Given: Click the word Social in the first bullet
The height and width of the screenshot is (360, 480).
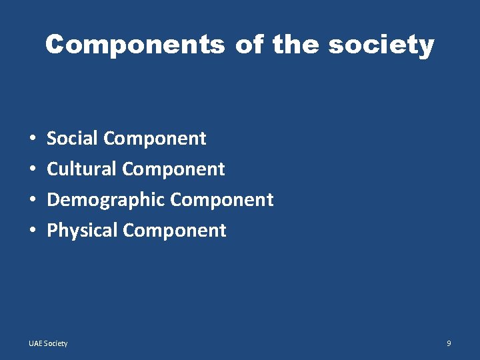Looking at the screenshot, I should [73, 139].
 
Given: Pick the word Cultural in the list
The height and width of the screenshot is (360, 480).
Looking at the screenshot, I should [82, 169].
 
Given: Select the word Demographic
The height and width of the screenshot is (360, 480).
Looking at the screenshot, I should [106, 200].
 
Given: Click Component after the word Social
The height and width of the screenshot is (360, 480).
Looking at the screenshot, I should [155, 139].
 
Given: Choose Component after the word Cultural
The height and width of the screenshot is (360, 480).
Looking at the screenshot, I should [174, 169].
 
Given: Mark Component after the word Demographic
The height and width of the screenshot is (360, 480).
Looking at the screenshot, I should [222, 200].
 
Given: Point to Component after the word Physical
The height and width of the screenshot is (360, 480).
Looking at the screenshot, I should [175, 231].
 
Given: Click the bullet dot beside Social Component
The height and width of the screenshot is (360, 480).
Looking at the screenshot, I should [33, 139].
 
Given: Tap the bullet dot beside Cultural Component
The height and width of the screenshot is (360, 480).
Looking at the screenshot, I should [33, 170].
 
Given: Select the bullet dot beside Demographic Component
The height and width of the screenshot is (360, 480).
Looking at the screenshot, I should [33, 201].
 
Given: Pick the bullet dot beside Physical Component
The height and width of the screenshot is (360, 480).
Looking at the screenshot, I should [33, 231].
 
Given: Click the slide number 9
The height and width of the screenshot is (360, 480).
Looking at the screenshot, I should [449, 343].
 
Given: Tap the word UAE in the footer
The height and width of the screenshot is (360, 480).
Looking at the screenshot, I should [35, 343].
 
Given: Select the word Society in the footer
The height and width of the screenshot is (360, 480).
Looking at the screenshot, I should [56, 343].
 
